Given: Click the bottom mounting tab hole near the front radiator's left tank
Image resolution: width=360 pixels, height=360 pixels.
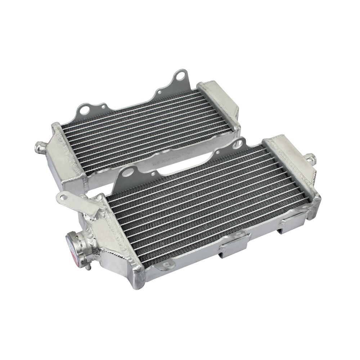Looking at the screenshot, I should [x=166, y=267].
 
